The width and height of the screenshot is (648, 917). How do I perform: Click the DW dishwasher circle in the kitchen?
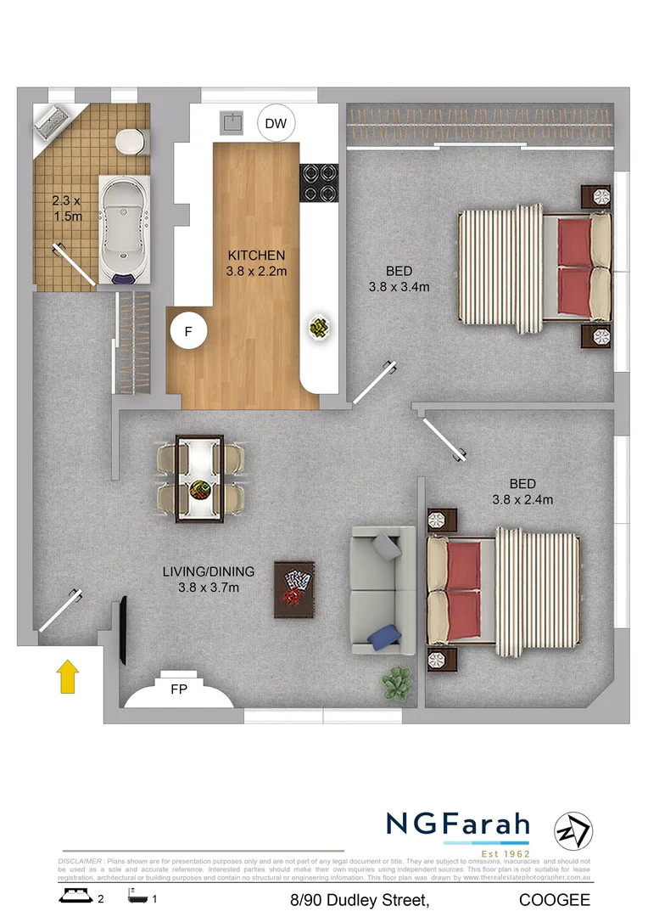point(276,125)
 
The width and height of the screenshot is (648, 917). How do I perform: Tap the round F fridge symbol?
point(188,332)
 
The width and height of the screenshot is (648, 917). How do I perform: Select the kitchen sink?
point(232,124)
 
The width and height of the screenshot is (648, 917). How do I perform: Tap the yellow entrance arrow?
point(68,678)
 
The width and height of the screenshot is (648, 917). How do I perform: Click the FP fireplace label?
point(178,689)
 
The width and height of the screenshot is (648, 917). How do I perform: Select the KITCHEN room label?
point(256,255)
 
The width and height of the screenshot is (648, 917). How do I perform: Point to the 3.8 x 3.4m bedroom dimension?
point(399,287)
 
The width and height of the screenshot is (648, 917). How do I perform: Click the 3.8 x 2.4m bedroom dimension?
point(522,500)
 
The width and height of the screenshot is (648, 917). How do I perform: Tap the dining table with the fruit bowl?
point(200,479)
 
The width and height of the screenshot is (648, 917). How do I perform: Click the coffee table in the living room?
point(294,589)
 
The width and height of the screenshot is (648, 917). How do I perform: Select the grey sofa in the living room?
point(383,590)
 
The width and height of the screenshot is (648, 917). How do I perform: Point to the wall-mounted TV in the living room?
point(124,631)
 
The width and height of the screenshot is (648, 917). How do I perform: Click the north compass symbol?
point(573,830)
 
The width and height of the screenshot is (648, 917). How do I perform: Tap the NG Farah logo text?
point(458,824)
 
